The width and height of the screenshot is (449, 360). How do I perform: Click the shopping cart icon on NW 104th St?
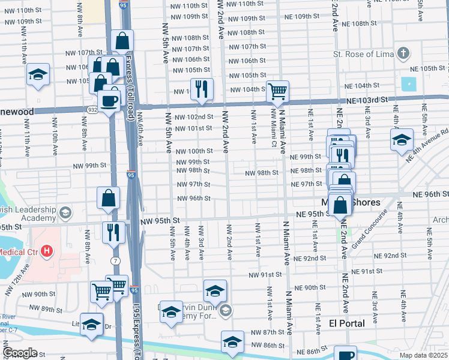[x=277, y=92]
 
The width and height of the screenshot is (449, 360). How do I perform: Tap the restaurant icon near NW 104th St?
[x=202, y=89]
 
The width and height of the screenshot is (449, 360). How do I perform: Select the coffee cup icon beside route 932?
[x=109, y=100]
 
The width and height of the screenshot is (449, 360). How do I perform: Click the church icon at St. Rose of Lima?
[x=403, y=55]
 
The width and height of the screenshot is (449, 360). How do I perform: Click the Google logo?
[x=20, y=353]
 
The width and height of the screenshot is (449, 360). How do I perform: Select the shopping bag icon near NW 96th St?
[x=108, y=198]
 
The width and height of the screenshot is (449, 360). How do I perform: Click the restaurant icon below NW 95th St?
[x=113, y=231]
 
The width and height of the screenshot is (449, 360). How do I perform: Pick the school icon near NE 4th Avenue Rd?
[x=401, y=140]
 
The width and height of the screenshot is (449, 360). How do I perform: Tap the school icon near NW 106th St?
[x=38, y=75]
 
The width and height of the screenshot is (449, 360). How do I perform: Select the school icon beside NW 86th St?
[x=232, y=342]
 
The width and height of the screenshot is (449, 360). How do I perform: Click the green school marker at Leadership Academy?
[x=65, y=212]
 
